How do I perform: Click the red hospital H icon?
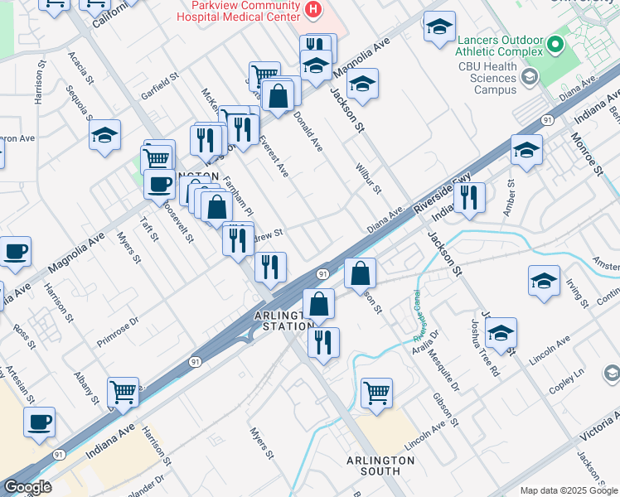tap(313, 10)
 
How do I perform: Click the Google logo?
tap(27, 487)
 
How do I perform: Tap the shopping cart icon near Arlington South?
tap(376, 393)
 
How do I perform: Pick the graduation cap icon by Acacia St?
tap(104, 136)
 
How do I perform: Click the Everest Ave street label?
tap(274, 157)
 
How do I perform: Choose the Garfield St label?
tap(160, 85)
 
